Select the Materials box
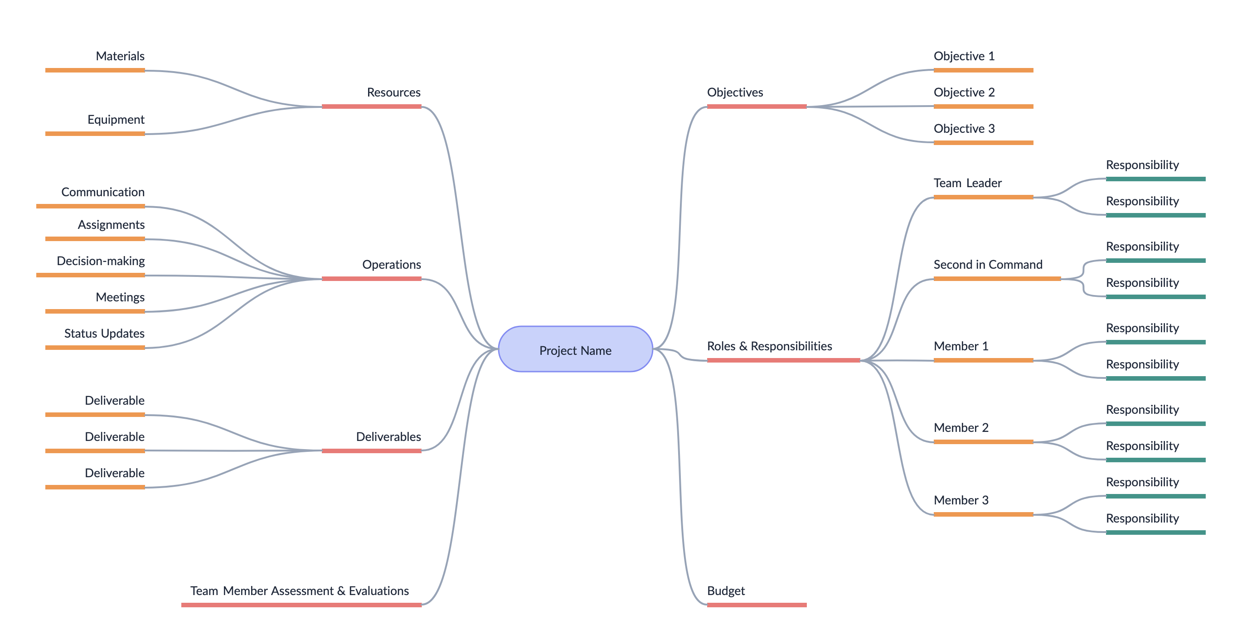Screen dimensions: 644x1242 click(95, 54)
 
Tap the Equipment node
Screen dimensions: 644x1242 click(95, 118)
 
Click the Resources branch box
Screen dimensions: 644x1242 click(371, 91)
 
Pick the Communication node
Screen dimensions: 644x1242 click(91, 190)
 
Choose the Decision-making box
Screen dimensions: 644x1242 click(91, 259)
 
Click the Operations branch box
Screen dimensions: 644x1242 click(371, 263)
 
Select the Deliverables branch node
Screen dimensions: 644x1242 click(371, 435)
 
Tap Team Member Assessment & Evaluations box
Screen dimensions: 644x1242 click(301, 589)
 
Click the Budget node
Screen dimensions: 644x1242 click(757, 589)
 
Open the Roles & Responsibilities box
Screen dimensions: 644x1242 click(783, 344)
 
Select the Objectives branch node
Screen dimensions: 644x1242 click(757, 91)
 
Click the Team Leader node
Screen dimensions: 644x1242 click(983, 181)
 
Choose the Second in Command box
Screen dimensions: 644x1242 click(997, 263)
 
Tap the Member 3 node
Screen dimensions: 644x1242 click(983, 499)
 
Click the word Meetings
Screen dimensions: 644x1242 click(120, 297)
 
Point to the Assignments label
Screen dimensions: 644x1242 click(111, 225)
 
